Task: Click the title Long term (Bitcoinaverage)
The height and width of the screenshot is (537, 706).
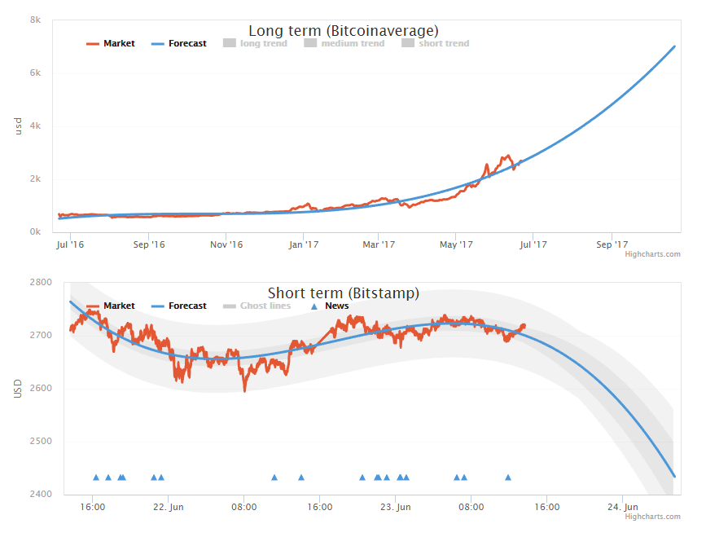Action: [x=344, y=31]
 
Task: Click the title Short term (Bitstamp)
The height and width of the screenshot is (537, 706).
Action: [x=344, y=293]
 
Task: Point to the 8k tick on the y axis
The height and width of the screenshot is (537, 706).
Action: [x=35, y=20]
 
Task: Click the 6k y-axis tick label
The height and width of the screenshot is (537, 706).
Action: [x=35, y=73]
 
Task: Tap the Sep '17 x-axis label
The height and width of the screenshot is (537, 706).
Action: [x=612, y=244]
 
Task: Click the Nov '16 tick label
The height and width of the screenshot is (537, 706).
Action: [x=226, y=244]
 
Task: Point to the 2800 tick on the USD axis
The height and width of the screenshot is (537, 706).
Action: [x=41, y=282]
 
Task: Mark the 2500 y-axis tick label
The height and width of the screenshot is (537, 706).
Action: [x=41, y=441]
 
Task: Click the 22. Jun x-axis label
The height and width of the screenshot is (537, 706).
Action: [x=168, y=506]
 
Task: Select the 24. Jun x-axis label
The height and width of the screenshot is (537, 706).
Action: [x=622, y=506]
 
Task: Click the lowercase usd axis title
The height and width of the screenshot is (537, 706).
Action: [x=18, y=125]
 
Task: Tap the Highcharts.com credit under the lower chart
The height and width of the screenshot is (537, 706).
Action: [x=652, y=516]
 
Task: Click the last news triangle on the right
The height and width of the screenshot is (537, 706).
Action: [x=508, y=478]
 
